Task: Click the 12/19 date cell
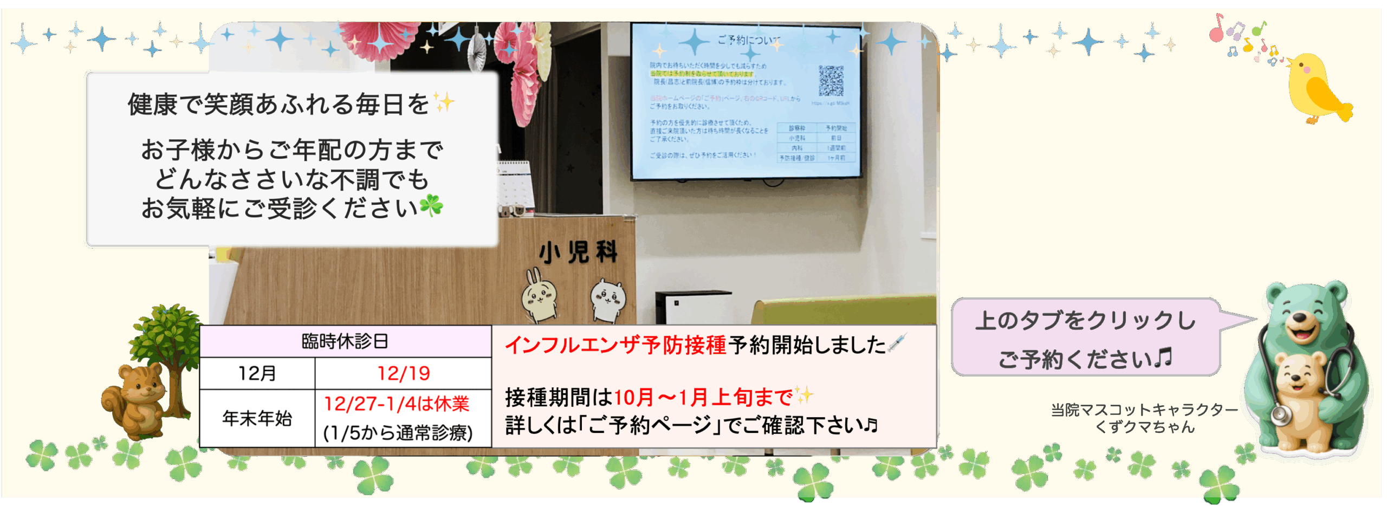click(x=404, y=373)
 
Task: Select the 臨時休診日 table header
click(x=345, y=341)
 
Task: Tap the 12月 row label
click(x=257, y=373)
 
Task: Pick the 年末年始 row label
click(x=257, y=418)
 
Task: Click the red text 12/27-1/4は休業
click(x=397, y=404)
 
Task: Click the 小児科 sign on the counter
click(x=578, y=252)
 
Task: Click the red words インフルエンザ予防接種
click(x=615, y=345)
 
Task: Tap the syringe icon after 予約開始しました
click(x=897, y=343)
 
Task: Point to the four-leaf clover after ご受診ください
click(x=431, y=206)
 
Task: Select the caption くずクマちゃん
click(x=1144, y=427)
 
